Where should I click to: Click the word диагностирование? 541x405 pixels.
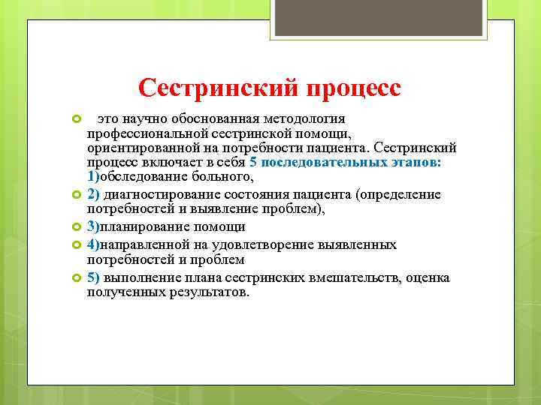click(165, 195)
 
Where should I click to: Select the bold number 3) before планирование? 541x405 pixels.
click(92, 226)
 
